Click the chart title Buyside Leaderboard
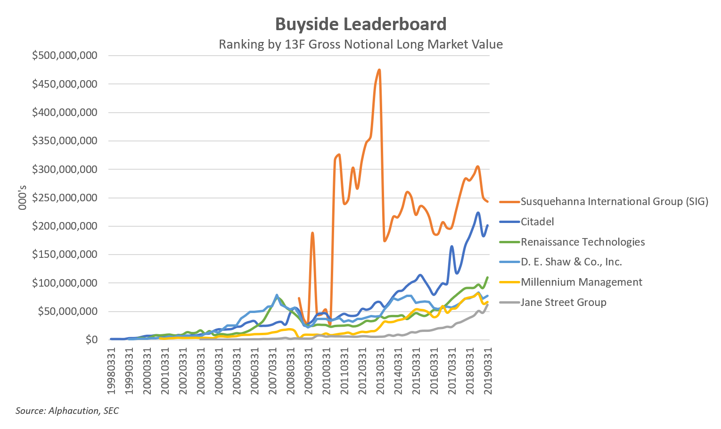[360, 24]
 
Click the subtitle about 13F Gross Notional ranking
[360, 44]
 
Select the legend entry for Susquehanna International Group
[614, 201]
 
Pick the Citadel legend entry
[537, 222]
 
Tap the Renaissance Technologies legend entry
[582, 242]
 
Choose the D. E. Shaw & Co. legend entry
[571, 262]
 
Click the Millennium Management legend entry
[582, 282]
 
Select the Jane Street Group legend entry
[563, 302]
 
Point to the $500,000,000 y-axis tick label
[65, 56]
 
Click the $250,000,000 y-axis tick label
[65, 198]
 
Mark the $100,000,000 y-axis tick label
[65, 283]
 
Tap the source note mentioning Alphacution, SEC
[67, 411]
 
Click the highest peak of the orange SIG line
[379, 70]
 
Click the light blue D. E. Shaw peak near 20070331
[277, 295]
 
